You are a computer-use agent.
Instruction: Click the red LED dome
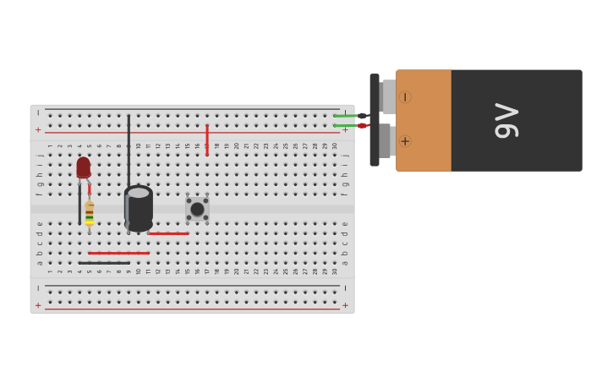pos(83,166)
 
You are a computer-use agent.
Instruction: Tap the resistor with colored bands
pos(89,213)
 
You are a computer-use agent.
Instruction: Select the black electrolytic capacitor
pos(139,208)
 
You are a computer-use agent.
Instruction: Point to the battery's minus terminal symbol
pos(405,97)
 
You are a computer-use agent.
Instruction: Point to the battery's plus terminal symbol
pos(405,141)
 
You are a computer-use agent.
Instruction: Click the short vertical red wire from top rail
pos(207,140)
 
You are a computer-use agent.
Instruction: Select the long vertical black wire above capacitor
pos(129,148)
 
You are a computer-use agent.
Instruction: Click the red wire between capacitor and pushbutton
pos(168,233)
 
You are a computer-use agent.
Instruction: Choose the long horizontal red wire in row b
pos(118,253)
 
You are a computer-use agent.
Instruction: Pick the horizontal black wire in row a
pos(104,263)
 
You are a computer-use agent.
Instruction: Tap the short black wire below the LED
pos(79,207)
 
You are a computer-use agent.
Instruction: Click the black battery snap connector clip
pos(375,120)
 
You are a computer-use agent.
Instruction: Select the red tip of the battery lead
pos(362,125)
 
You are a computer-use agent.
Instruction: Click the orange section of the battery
pos(424,120)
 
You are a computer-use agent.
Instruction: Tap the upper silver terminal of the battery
pos(388,97)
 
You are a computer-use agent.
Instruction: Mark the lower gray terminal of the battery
pos(385,141)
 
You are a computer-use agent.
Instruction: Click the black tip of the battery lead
pos(362,116)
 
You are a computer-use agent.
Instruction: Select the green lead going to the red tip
pos(345,125)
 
